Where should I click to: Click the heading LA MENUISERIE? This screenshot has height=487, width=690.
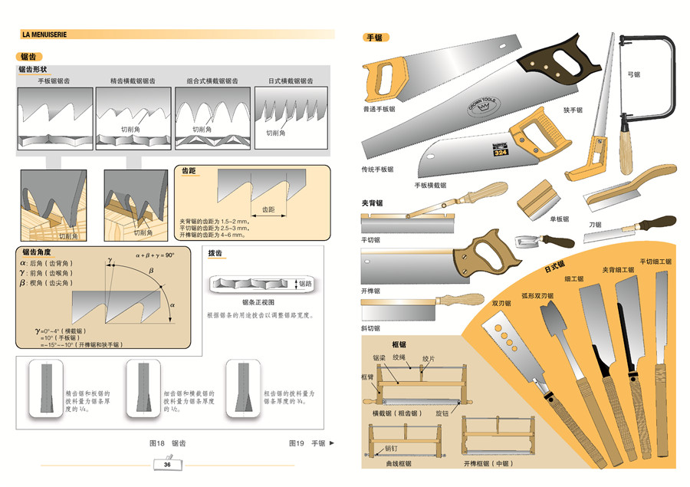pyautogui.click(x=46, y=35)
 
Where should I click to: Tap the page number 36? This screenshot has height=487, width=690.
pyautogui.click(x=167, y=465)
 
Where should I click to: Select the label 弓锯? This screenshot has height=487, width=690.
pyautogui.click(x=633, y=74)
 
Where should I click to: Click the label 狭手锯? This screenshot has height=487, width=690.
pyautogui.click(x=573, y=110)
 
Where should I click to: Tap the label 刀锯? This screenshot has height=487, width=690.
pyautogui.click(x=595, y=225)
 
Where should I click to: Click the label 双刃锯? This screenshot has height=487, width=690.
pyautogui.click(x=501, y=303)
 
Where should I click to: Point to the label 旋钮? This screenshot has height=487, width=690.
pyautogui.click(x=442, y=413)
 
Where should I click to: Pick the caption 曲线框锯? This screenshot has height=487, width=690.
pyautogui.click(x=399, y=464)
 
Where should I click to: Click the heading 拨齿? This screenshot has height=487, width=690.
pyautogui.click(x=215, y=252)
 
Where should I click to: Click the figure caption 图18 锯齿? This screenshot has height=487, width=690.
pyautogui.click(x=167, y=443)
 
